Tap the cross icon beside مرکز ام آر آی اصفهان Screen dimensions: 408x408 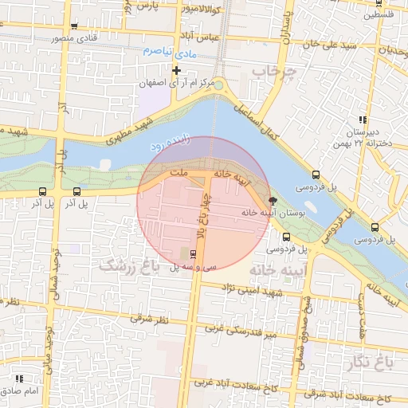(x=176, y=70)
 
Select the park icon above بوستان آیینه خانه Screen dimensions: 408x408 (x=273, y=201)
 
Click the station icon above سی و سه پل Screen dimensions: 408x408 (x=194, y=254)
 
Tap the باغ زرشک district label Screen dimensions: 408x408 (x=124, y=265)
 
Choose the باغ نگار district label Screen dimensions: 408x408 (x=371, y=364)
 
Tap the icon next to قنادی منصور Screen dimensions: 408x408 (x=74, y=26)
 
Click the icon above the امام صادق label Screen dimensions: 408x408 (x=18, y=378)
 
